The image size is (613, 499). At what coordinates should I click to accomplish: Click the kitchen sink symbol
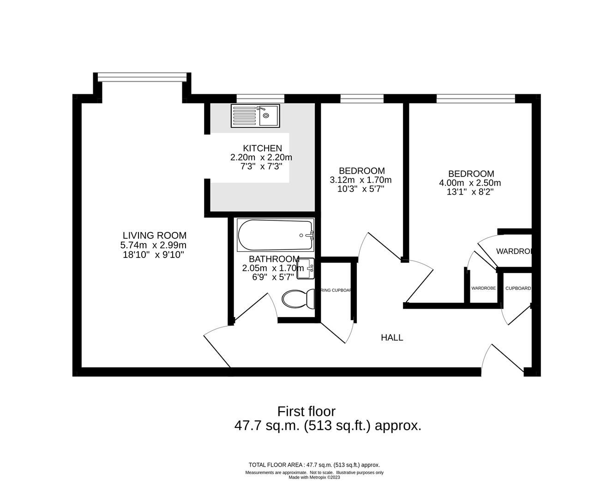click(x=255, y=116)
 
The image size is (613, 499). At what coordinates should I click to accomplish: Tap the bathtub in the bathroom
click(x=276, y=235)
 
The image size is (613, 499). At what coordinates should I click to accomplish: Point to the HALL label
click(x=392, y=338)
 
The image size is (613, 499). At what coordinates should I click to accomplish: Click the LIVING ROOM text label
click(x=154, y=236)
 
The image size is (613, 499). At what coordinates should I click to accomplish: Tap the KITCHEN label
click(x=262, y=148)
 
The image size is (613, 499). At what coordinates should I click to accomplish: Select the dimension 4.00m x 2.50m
click(x=470, y=183)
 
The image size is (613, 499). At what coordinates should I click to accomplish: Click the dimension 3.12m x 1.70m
click(x=361, y=180)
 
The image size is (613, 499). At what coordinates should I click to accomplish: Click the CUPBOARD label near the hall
click(x=518, y=288)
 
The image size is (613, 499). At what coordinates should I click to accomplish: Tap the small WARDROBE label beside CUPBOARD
click(x=483, y=288)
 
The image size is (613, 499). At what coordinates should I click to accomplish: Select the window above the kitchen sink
click(x=260, y=98)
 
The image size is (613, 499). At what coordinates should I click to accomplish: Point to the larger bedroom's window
click(x=475, y=98)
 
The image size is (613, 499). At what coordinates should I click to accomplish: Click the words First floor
click(x=306, y=411)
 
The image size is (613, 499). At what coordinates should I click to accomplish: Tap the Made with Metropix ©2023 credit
click(x=314, y=478)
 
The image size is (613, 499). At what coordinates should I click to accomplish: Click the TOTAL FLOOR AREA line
click(x=314, y=465)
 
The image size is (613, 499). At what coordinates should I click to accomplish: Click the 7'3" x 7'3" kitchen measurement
click(x=261, y=166)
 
